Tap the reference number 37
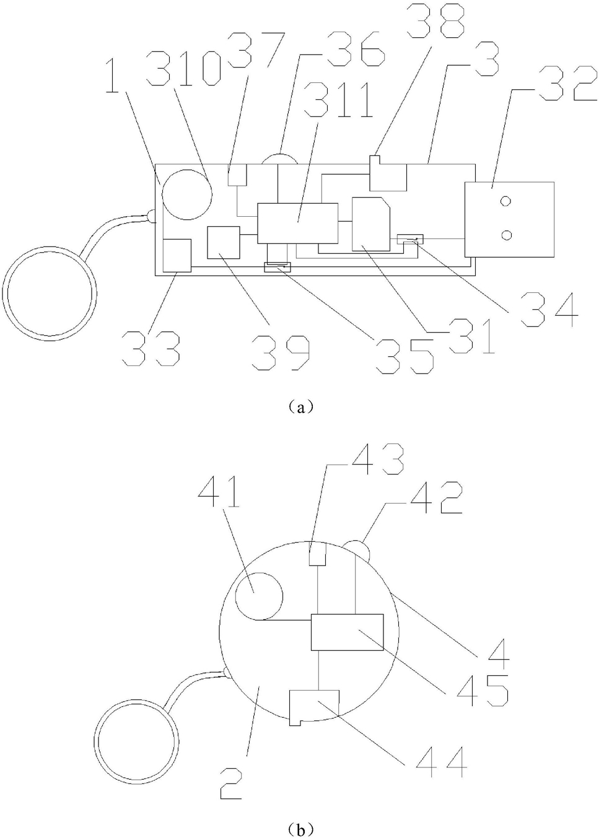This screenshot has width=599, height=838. (x=258, y=50)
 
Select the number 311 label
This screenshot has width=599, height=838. (x=339, y=100)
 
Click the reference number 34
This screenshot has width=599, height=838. (x=546, y=309)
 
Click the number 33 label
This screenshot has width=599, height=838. (x=151, y=347)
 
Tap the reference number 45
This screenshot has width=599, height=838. (x=483, y=690)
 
